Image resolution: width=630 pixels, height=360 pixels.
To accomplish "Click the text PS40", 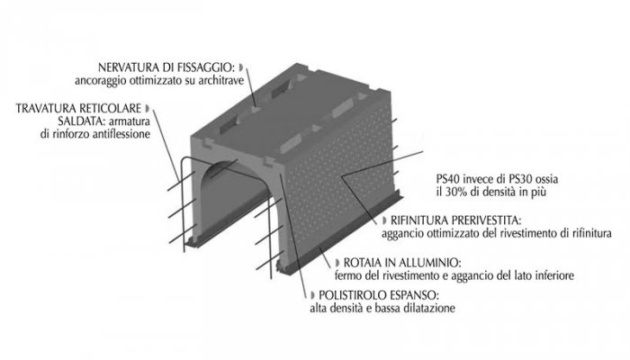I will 445,179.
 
